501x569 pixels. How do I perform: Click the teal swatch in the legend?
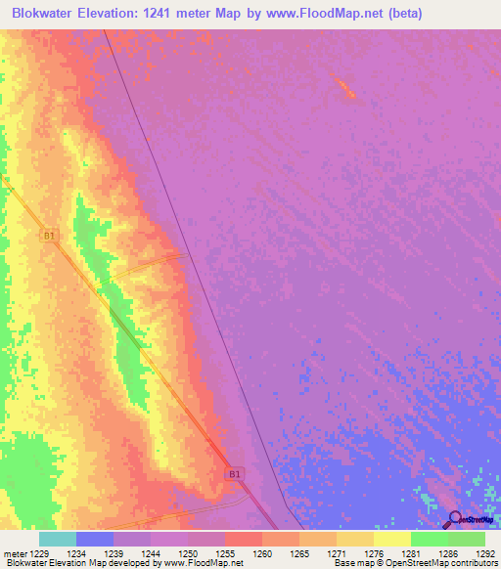coord(58,539)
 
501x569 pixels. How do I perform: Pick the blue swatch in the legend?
coord(95,539)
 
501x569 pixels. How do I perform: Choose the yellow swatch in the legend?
coord(392,539)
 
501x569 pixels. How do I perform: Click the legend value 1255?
coord(224,554)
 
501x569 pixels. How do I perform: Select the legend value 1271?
coord(335,554)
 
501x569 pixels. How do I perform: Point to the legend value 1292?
coord(485,554)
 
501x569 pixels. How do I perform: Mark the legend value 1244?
coord(150,554)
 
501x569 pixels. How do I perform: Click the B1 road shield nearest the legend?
coord(234,474)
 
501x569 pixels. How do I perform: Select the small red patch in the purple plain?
coord(344,88)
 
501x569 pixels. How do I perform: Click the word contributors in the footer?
coord(472,564)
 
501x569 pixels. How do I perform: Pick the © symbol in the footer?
coord(385,564)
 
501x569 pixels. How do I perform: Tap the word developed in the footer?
coord(137,564)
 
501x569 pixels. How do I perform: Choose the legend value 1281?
coord(410,554)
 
